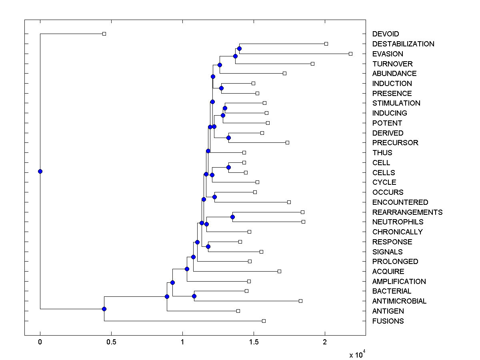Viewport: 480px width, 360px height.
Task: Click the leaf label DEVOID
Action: click(386, 34)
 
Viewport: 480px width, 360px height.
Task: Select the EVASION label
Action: click(388, 54)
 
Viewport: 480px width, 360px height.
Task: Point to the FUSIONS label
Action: click(388, 321)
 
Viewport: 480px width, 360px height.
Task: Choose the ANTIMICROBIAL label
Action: click(399, 301)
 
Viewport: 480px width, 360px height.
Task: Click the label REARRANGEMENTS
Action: click(407, 212)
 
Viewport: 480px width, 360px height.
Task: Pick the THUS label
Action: click(382, 152)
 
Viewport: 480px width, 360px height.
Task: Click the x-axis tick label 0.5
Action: click(111, 342)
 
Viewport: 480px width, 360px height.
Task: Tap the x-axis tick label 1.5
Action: click(254, 342)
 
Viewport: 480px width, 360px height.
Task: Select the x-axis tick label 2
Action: click(325, 342)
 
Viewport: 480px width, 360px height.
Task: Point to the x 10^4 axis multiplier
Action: click(357, 354)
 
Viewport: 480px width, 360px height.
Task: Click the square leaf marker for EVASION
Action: click(350, 54)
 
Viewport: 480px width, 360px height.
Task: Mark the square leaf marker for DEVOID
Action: click(104, 34)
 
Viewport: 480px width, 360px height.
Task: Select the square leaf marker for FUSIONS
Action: click(264, 321)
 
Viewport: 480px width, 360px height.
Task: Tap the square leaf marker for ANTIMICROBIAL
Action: click(300, 301)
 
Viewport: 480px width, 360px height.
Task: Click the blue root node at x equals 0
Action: click(40, 171)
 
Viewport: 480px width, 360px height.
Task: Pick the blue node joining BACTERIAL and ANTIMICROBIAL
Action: click(194, 296)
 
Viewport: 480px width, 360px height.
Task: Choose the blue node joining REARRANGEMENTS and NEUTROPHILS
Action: click(232, 217)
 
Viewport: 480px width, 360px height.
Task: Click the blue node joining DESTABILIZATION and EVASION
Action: click(239, 48)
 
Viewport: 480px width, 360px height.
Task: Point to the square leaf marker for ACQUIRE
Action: click(279, 271)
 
